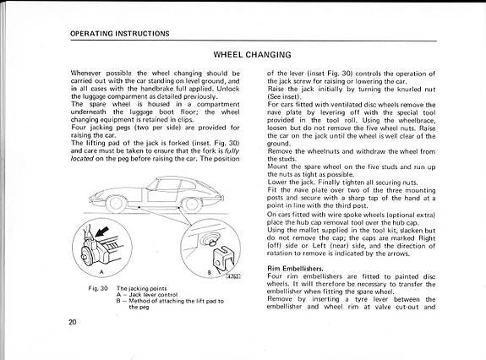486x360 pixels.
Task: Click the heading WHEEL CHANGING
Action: point(253,55)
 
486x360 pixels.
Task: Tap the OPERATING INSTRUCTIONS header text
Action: point(120,34)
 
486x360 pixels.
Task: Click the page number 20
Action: point(72,322)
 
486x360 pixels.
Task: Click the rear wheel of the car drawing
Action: point(192,205)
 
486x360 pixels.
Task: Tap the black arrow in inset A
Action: point(102,232)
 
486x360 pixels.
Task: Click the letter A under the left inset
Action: point(101,272)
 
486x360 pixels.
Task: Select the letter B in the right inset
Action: point(210,273)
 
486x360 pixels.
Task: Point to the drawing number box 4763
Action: point(233,276)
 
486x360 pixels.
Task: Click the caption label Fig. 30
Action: point(98,288)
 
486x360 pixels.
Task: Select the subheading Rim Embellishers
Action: point(295,268)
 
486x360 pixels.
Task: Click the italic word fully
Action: point(232,151)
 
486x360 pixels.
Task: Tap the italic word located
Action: point(82,159)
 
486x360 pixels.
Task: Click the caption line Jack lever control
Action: point(147,295)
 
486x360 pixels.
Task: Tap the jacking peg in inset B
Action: point(211,242)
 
